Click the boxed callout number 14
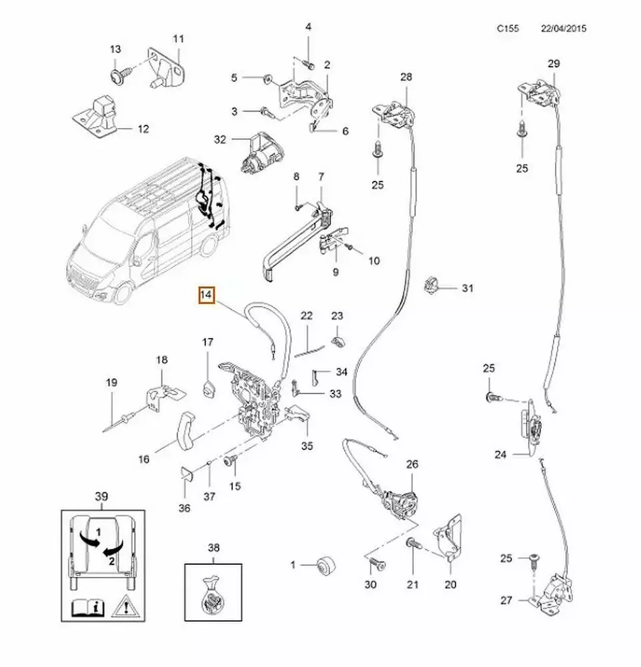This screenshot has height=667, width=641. (206, 295)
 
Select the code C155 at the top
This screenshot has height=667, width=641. (508, 29)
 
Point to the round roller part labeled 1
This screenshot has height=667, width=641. (326, 564)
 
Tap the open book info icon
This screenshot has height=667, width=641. (81, 606)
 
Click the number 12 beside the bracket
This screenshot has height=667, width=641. (143, 129)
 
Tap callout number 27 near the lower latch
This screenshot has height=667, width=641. (506, 601)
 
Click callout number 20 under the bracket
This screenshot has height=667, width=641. (450, 584)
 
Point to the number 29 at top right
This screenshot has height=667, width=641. (554, 64)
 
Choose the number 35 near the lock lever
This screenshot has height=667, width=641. (307, 446)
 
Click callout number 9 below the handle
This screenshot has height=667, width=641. (336, 271)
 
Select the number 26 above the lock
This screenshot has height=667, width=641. (412, 464)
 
